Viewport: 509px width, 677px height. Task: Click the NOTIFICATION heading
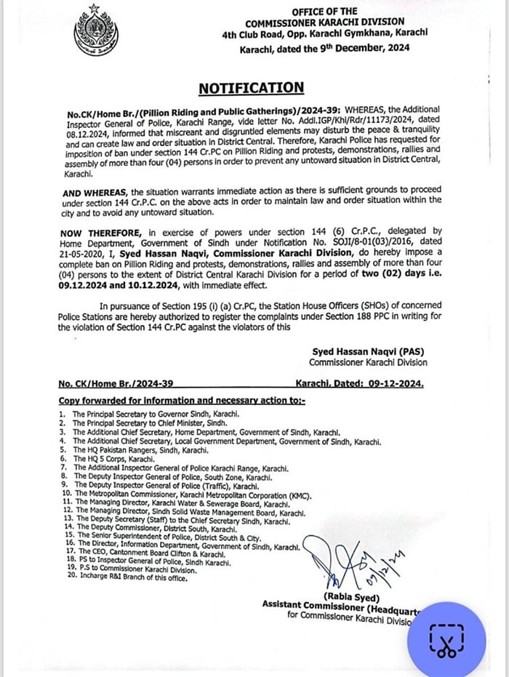pyautogui.click(x=252, y=88)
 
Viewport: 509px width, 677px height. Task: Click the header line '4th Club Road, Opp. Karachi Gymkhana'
pyautogui.click(x=325, y=33)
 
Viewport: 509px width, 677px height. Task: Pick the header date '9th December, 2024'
pyautogui.click(x=361, y=49)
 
